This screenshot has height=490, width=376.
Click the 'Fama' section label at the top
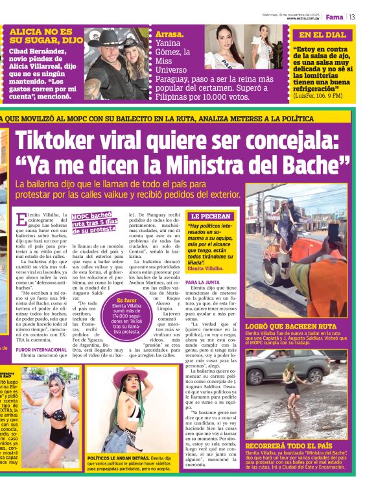335,17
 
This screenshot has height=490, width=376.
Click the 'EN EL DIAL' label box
323,35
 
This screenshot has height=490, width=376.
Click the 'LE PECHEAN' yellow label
211,216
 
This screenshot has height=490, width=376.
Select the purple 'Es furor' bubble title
127,301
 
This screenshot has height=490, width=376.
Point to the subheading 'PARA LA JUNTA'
202,283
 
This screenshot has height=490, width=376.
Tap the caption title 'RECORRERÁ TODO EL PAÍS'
290,446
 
